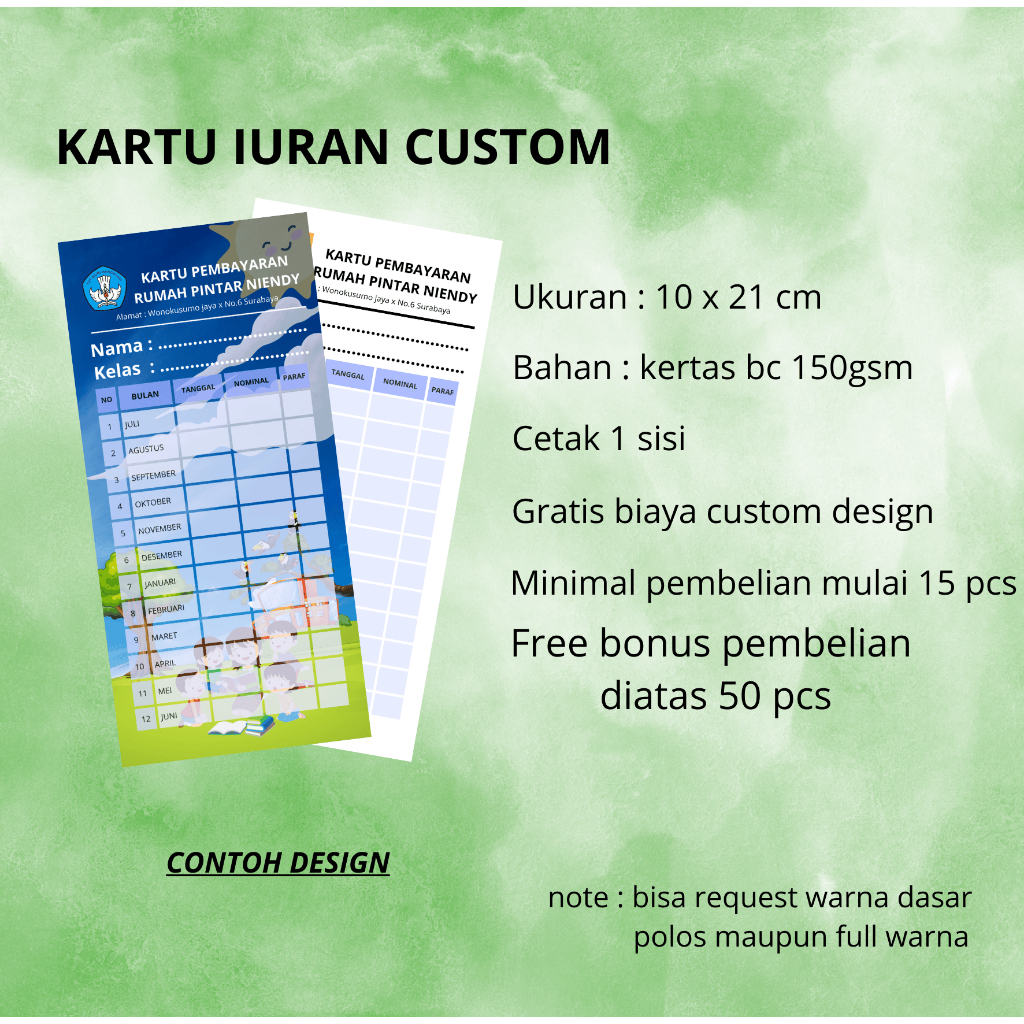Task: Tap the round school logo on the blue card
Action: tap(104, 287)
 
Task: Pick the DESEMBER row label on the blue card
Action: tap(161, 555)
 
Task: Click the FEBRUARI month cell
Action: tap(166, 608)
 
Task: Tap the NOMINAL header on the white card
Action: tap(400, 383)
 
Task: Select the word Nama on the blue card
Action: tap(117, 349)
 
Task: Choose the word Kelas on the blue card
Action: tap(117, 372)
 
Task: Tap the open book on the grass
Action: tap(228, 727)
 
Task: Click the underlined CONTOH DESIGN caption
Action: tap(278, 863)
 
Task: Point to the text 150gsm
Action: tap(852, 368)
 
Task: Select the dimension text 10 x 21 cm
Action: tap(738, 297)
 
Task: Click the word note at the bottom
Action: tap(577, 898)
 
